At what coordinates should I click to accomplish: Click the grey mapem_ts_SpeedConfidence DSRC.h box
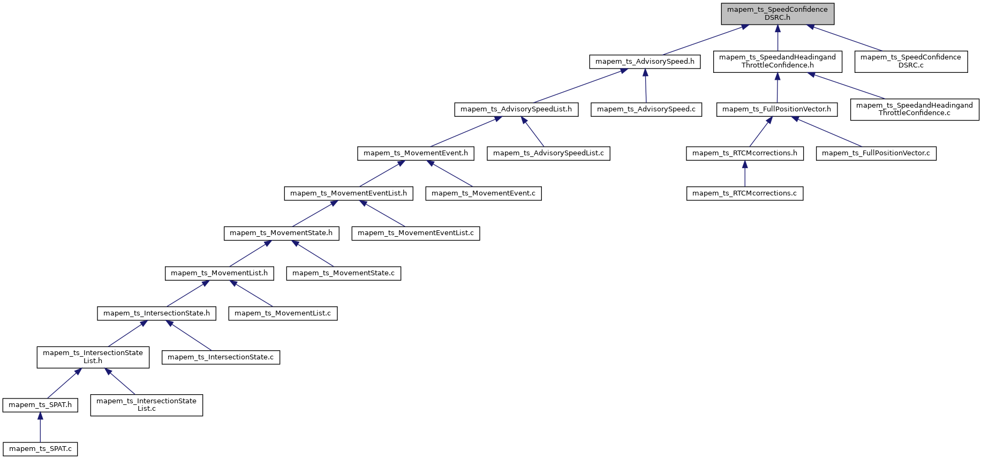tap(777, 13)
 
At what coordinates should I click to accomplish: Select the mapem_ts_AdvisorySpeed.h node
tap(645, 62)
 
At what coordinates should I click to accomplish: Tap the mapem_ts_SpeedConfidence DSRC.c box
tap(910, 61)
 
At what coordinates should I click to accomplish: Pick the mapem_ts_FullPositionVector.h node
tap(776, 109)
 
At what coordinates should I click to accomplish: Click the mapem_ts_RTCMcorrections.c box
tap(744, 193)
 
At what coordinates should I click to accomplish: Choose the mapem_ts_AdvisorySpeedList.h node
tap(516, 109)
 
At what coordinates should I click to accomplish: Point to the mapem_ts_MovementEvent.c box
tap(483, 193)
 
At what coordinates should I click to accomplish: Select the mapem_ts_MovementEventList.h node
tap(348, 193)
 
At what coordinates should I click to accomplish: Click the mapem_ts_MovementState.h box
tap(281, 233)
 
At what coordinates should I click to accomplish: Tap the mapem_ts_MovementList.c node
tap(283, 313)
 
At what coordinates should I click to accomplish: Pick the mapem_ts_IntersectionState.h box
tap(156, 313)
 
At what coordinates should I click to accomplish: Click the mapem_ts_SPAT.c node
tap(40, 449)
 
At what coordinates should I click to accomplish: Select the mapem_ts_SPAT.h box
tap(40, 405)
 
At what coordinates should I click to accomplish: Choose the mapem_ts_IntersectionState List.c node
tap(146, 405)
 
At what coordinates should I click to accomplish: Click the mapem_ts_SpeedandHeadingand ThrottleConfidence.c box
tap(914, 109)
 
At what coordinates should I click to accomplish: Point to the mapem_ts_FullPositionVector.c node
tap(875, 153)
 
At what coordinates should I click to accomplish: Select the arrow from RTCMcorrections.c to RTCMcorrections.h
tap(744, 174)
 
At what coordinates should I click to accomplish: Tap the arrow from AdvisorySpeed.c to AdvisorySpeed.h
tap(645, 86)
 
